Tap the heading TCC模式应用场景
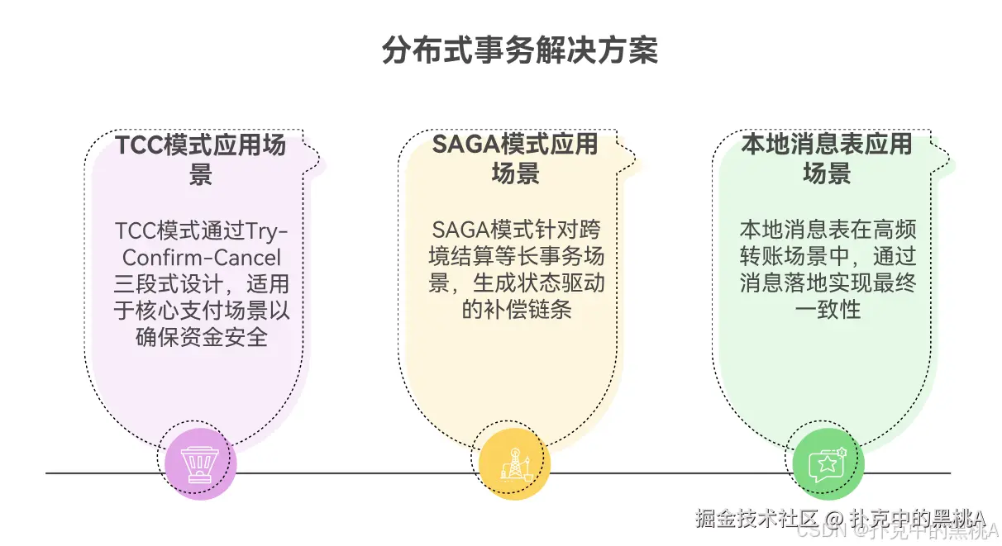point(201,159)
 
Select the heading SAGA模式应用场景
point(515,158)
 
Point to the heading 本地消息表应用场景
point(827,158)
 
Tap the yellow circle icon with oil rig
point(513,465)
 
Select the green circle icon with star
point(828,465)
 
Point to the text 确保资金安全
point(202,337)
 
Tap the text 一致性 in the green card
point(828,310)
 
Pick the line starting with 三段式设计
point(202,284)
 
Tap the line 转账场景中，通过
point(828,257)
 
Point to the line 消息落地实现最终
point(828,284)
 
